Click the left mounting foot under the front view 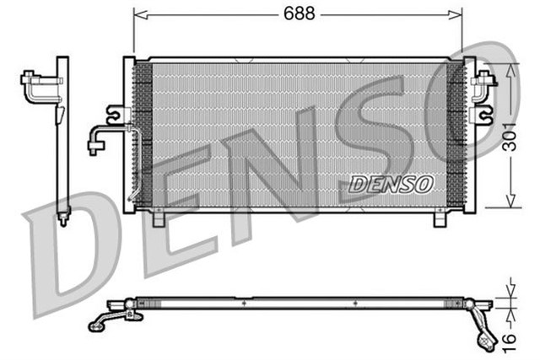[x=158, y=219]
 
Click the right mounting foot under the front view [x=440, y=219]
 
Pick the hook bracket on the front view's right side [x=483, y=111]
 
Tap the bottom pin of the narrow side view [x=62, y=221]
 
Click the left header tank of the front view [x=129, y=135]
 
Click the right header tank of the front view [x=469, y=135]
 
